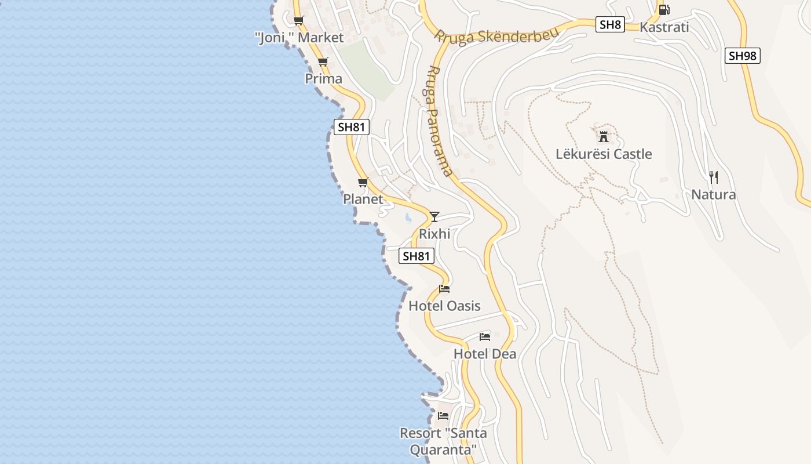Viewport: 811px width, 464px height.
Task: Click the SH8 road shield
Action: (610, 24)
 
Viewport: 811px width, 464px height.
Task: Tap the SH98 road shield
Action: (742, 56)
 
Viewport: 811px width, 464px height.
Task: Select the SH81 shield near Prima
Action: (352, 127)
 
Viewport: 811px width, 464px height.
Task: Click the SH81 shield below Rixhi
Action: (417, 256)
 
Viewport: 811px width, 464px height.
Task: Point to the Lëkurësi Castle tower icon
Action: (604, 137)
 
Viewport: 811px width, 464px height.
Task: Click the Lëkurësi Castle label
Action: (604, 154)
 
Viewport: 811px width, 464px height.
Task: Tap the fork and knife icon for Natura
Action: (714, 177)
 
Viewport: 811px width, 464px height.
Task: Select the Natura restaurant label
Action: (714, 195)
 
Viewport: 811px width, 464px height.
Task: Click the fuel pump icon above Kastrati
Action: (664, 10)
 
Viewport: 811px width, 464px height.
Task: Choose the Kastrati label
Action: (664, 27)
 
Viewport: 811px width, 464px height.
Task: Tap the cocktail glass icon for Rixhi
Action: (434, 217)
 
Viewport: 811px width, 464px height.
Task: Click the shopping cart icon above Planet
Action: (363, 183)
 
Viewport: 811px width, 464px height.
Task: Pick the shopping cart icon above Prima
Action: (323, 62)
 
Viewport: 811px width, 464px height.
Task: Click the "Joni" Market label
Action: (299, 38)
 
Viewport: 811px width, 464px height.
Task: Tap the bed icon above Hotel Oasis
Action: (444, 288)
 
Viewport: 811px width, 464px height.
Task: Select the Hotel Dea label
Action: (485, 354)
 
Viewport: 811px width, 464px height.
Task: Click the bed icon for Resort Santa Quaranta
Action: (443, 416)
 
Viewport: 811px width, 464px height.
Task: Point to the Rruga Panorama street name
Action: (439, 121)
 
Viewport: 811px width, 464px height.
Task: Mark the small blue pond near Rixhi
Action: (408, 218)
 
